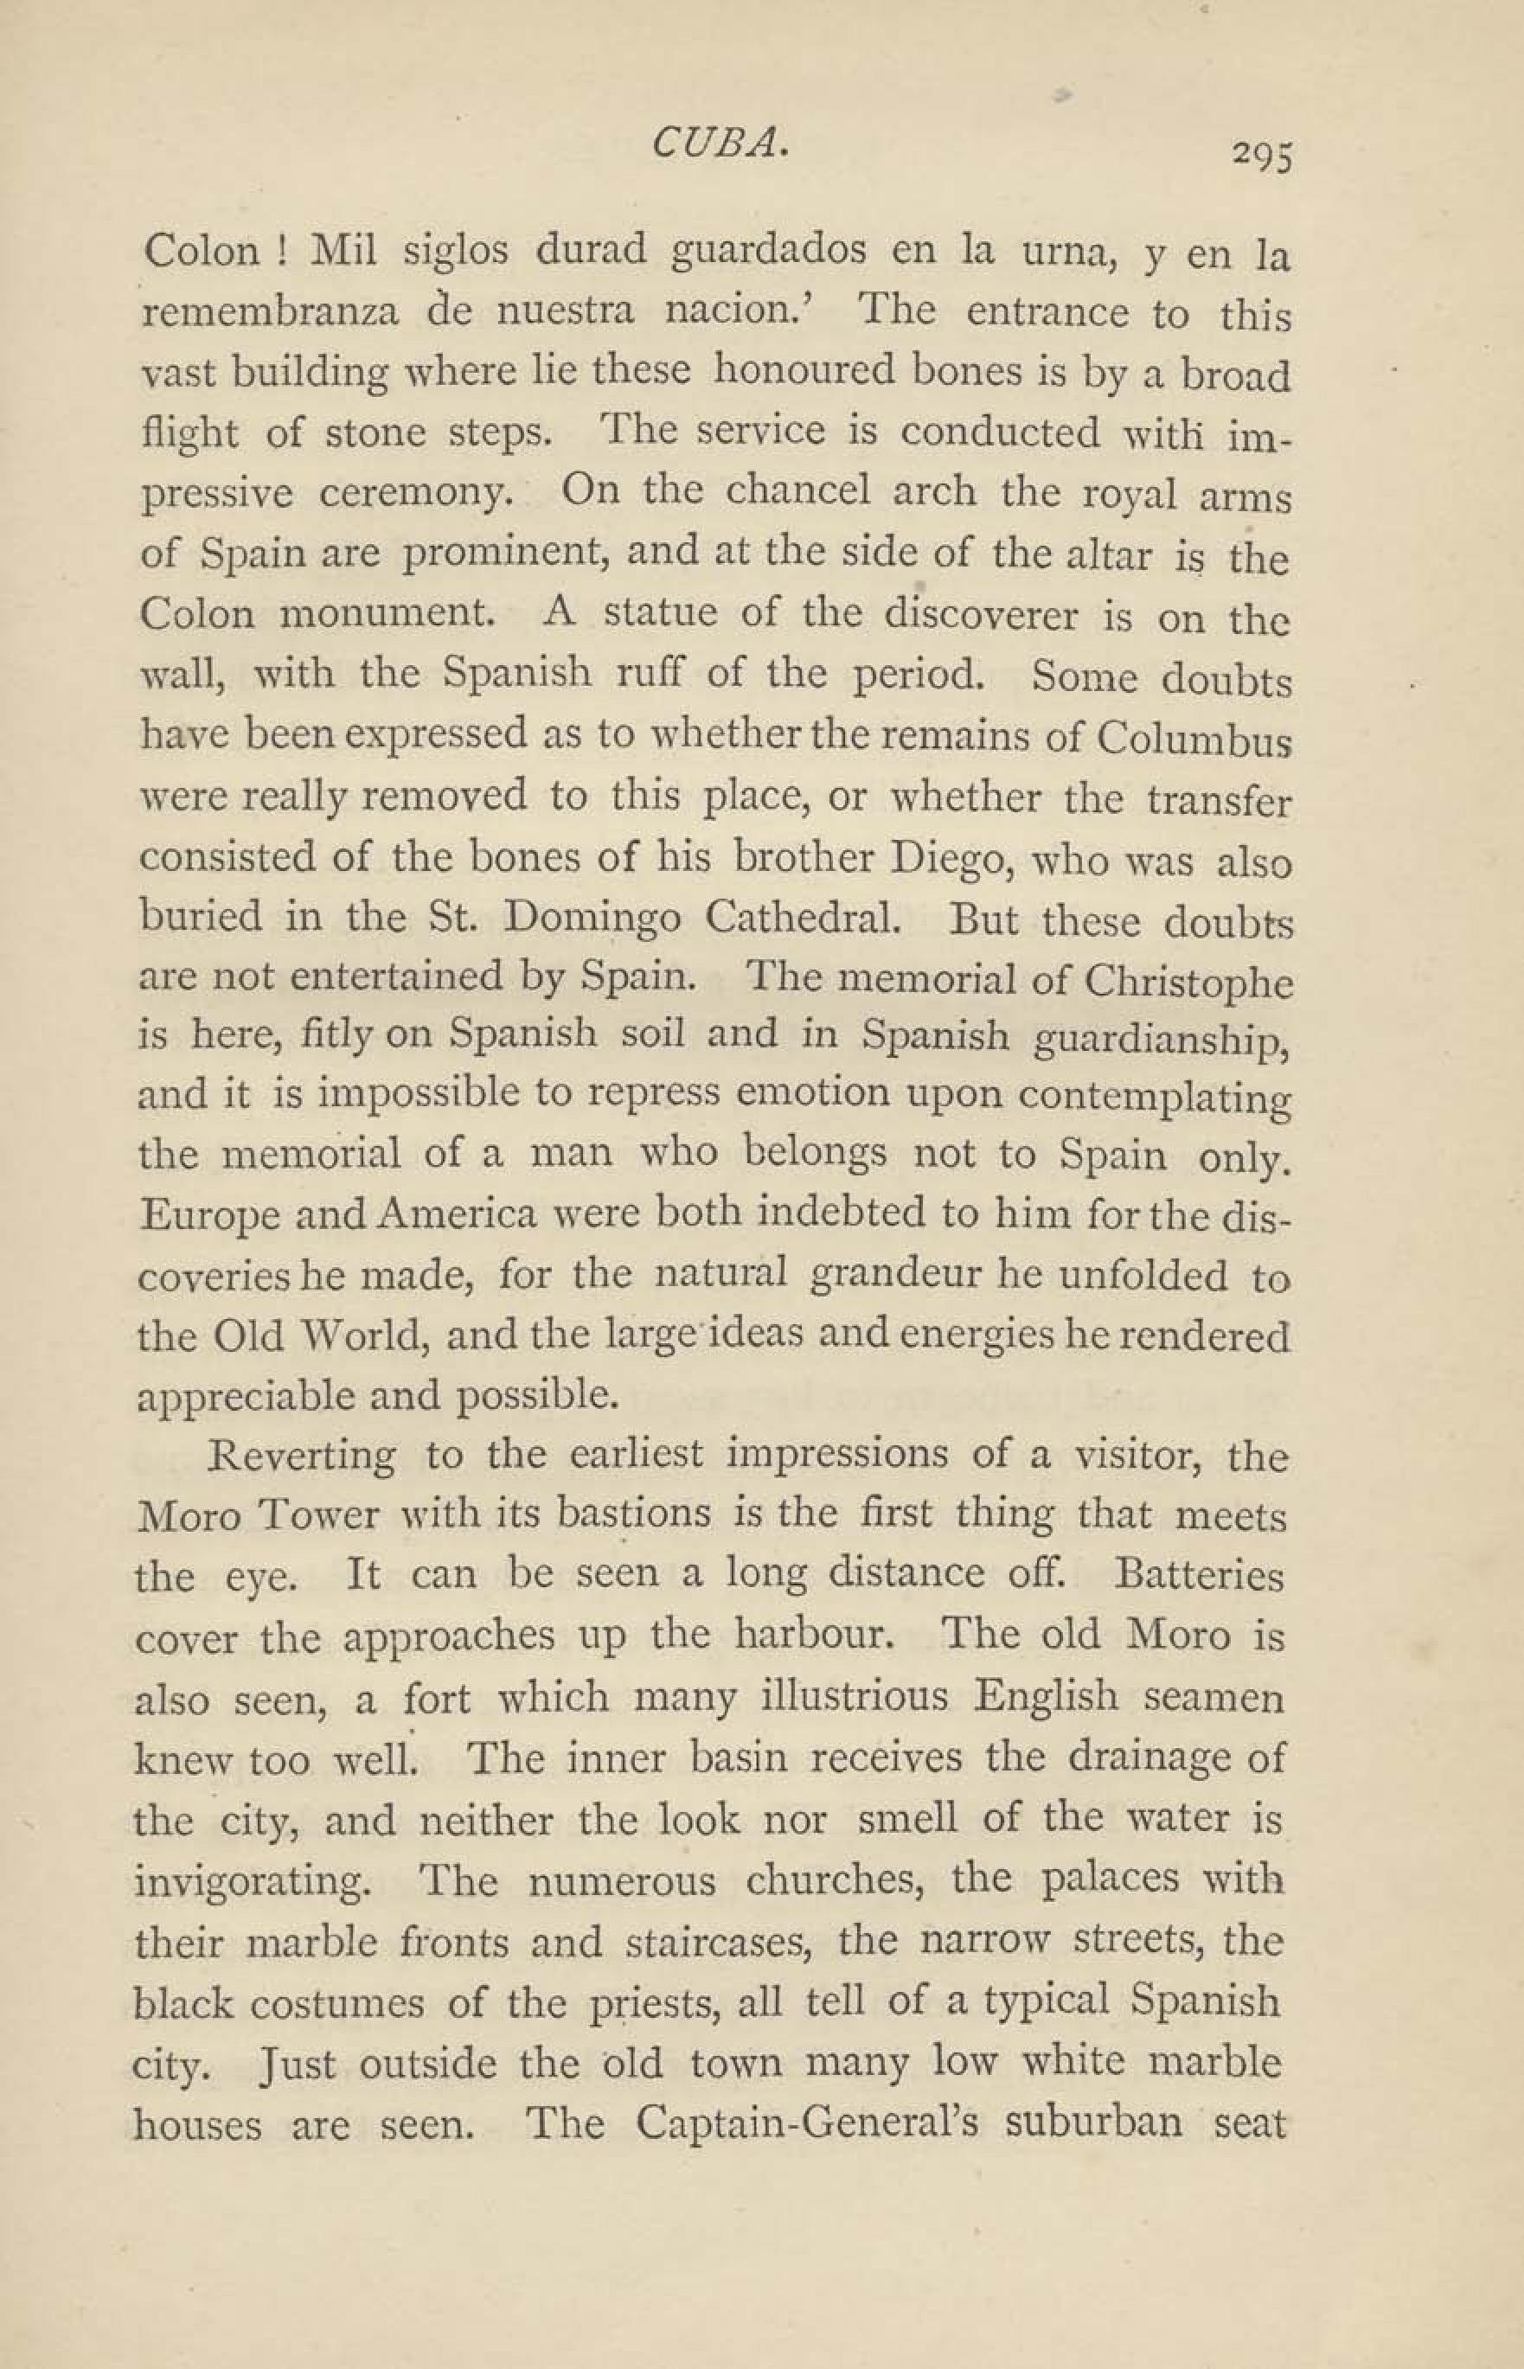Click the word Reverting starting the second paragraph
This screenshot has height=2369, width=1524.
click(303, 1456)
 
